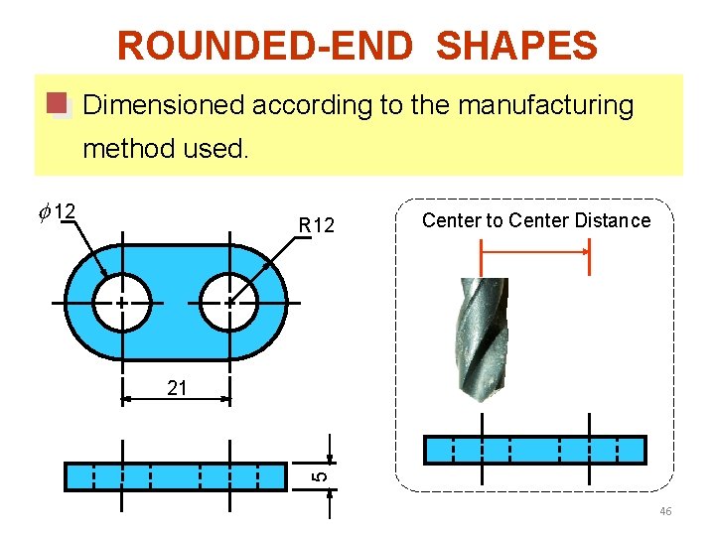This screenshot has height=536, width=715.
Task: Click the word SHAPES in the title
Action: tap(516, 46)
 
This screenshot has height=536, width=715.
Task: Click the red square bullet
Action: tap(58, 104)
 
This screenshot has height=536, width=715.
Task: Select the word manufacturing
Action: tap(545, 105)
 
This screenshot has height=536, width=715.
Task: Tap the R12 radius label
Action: tap(317, 226)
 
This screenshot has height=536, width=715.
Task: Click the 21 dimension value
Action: tap(177, 388)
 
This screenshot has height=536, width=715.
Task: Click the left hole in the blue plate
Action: tap(121, 302)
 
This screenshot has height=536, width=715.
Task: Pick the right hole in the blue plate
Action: tap(229, 302)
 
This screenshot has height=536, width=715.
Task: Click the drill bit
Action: tap(480, 337)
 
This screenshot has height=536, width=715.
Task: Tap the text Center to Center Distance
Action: tap(536, 220)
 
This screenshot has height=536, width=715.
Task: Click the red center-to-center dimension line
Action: tap(535, 252)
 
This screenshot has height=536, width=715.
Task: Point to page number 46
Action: tap(664, 511)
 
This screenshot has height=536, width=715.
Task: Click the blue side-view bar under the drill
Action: tap(534, 451)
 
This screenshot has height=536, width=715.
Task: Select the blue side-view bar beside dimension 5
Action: tap(175, 476)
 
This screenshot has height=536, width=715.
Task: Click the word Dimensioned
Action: tap(165, 105)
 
